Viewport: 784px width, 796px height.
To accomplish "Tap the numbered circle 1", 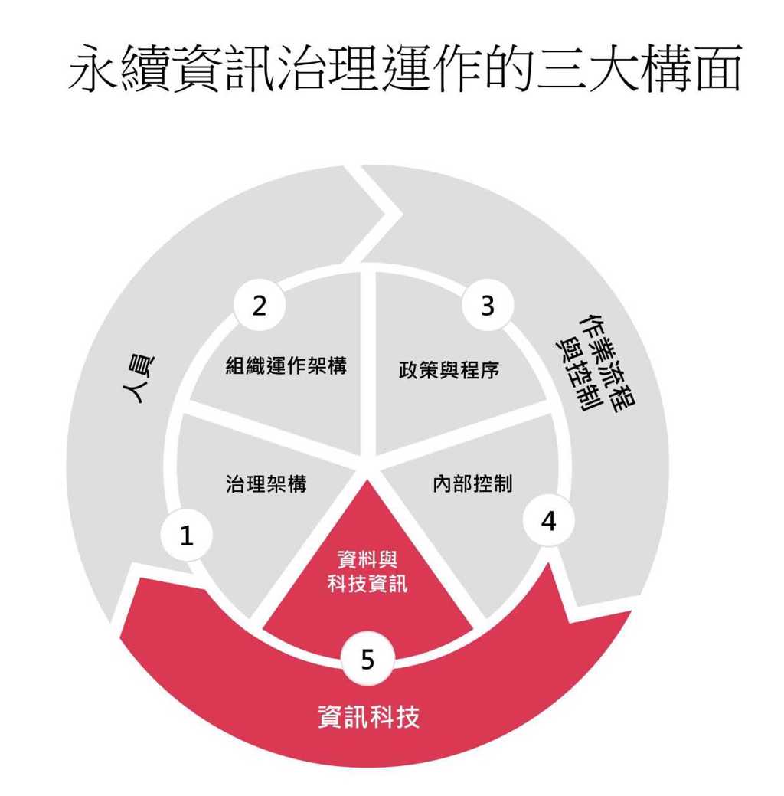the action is coord(186,535).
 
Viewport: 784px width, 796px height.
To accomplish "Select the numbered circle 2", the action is coord(260,306).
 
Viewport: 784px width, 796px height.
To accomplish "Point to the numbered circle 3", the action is coord(488,306).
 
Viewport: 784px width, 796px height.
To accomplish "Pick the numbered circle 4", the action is coord(548,521).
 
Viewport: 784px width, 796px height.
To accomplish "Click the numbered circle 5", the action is coord(368,659).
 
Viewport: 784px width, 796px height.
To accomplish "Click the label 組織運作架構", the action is coord(286,365).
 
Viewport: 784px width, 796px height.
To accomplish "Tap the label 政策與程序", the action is coord(449,369).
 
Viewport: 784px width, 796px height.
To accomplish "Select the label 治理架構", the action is coord(266,483).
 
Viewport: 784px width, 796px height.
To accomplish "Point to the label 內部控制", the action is coord(472,483).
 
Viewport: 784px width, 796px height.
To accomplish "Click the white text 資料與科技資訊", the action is coord(367,572).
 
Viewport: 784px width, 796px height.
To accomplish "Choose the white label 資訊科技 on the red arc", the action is coord(369,717).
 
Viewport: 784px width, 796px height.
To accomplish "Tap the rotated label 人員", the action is coord(138,378).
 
